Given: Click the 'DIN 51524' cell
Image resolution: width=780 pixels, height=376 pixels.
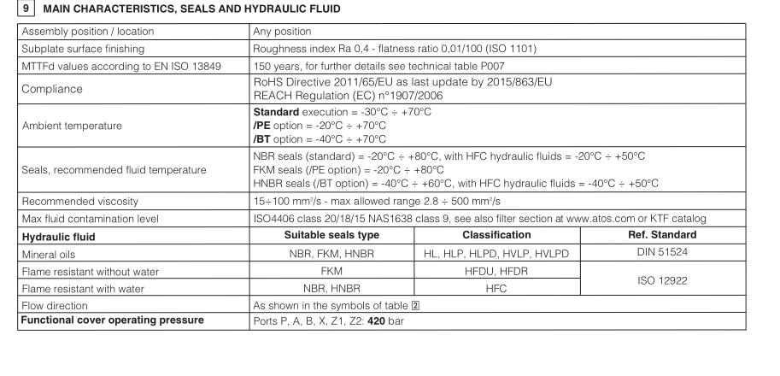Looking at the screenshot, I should pyautogui.click(x=656, y=254).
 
